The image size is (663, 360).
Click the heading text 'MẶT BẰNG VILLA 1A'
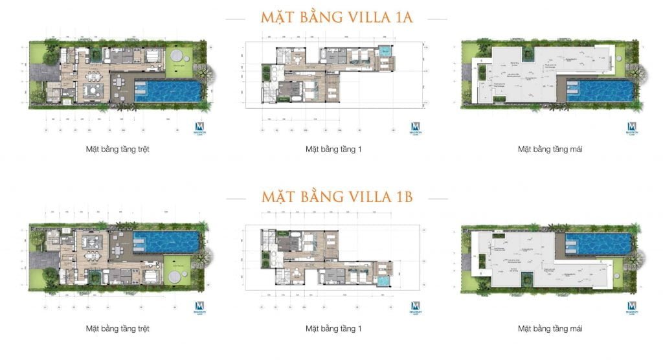point(334,17)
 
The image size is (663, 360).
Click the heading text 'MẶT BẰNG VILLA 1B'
point(334,196)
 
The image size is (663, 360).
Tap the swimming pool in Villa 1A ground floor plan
point(170,91)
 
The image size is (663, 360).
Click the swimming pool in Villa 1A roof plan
point(600,91)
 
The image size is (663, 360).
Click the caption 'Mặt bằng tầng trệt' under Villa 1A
point(118,149)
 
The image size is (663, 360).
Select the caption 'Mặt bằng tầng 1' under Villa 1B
point(333,328)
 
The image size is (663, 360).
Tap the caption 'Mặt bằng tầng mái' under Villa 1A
point(550,149)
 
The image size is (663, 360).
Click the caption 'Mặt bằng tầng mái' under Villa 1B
point(550,328)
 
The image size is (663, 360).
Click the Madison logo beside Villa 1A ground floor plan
point(199,129)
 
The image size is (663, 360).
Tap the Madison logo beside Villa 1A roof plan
point(631,129)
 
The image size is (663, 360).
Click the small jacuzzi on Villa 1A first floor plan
point(387,51)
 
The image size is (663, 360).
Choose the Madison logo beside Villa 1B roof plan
point(631,308)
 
